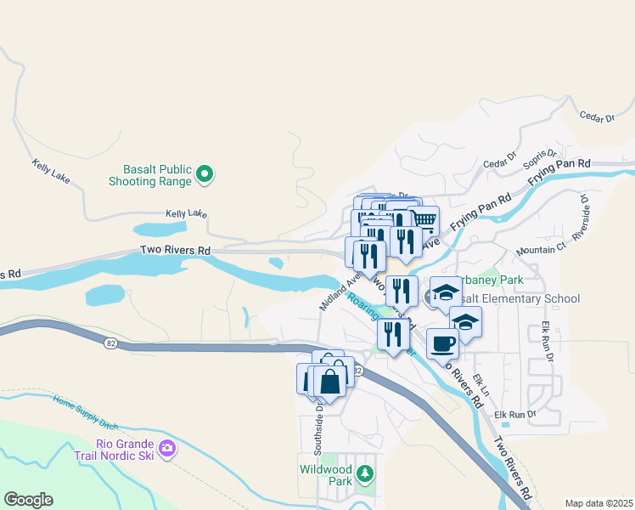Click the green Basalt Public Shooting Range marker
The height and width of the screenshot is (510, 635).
pos(204,175)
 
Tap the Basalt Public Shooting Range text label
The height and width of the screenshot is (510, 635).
pos(151,174)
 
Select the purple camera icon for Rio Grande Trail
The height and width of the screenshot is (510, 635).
pos(167,448)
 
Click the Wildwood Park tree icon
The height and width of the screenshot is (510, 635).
pos(365,473)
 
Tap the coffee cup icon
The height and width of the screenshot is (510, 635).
pos(442,344)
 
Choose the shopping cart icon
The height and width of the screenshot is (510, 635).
pos(423,221)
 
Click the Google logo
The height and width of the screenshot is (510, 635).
pos(28,500)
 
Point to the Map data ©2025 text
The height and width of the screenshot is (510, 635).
pos(598,503)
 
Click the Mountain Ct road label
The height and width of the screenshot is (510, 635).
pos(541,249)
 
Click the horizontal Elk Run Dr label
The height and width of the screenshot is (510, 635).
pos(515,414)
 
